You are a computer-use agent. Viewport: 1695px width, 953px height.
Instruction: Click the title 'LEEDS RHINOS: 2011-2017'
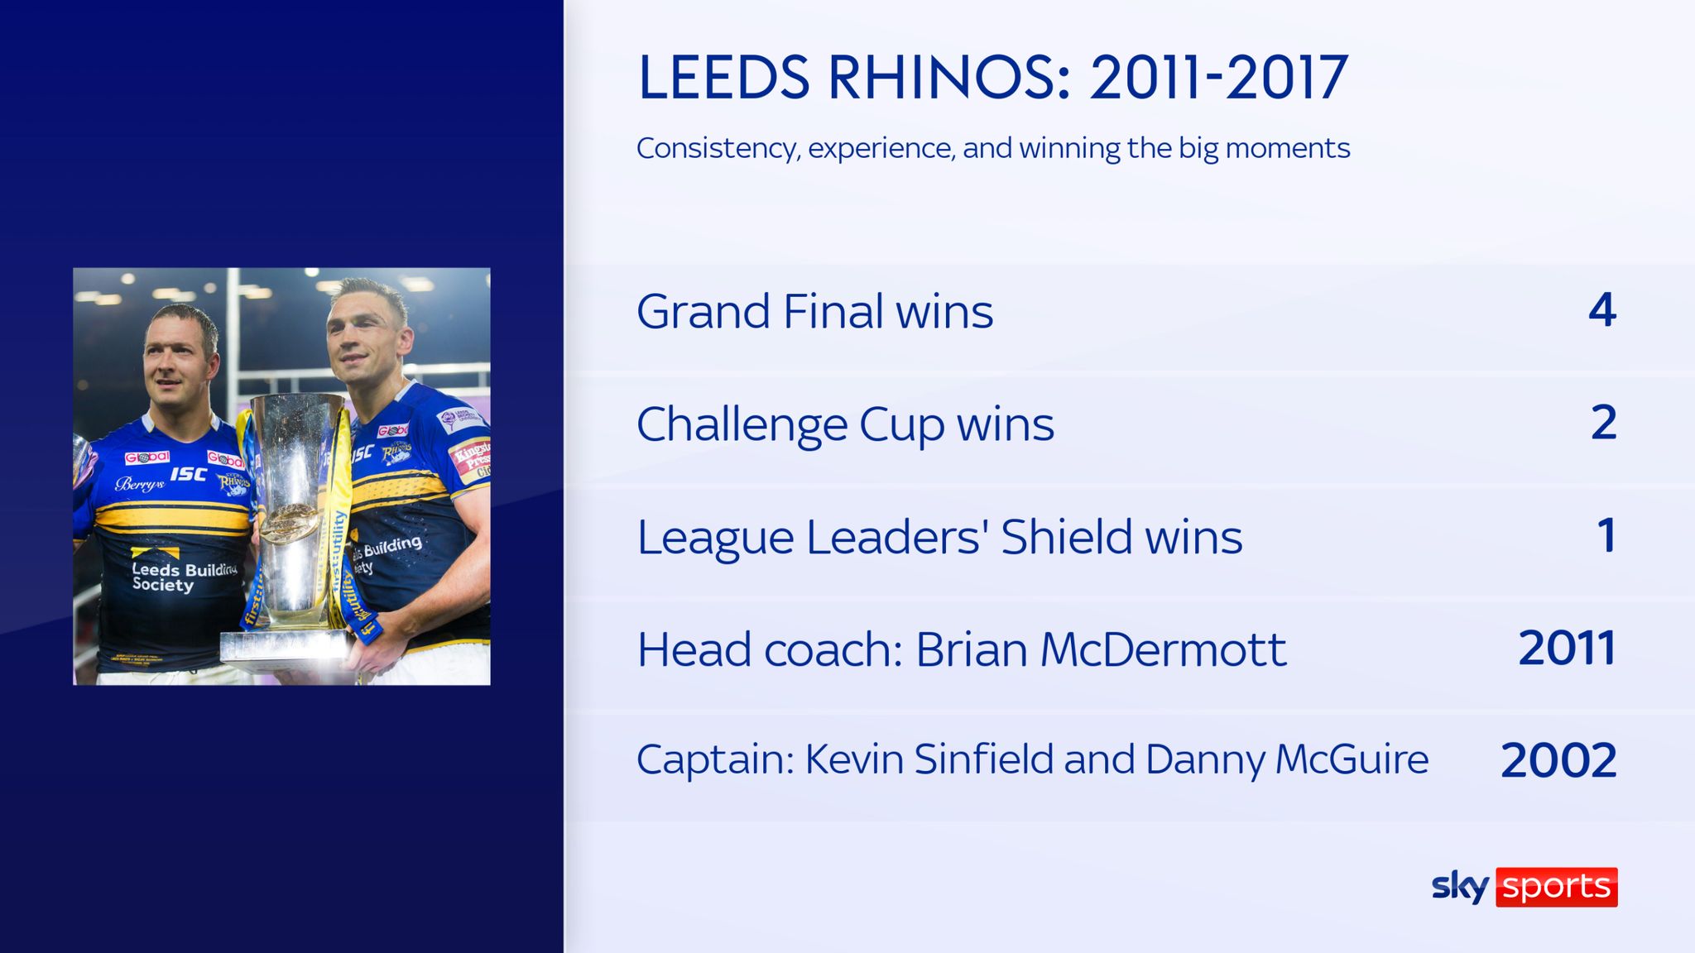[993, 78]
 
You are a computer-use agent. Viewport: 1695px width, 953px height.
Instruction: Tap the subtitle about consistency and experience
[993, 148]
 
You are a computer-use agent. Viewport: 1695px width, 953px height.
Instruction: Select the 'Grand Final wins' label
[814, 312]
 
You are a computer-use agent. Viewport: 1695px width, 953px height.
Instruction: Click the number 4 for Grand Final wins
[1602, 310]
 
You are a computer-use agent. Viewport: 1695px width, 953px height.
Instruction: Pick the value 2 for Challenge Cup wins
[1603, 423]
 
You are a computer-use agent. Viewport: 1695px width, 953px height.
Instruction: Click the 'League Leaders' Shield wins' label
[939, 538]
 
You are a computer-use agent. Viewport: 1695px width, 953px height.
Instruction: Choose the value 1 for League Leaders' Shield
[1606, 536]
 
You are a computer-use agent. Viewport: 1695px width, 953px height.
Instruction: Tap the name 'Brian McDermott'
[1101, 650]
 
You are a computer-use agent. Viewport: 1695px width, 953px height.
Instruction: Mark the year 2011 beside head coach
[1567, 649]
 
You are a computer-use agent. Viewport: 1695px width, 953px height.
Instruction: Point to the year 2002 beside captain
[1558, 761]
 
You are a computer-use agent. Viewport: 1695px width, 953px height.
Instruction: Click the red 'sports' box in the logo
[1556, 887]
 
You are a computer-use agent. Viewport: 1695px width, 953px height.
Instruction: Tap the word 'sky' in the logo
[1461, 887]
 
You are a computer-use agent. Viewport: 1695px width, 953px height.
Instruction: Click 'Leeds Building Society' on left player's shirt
[184, 577]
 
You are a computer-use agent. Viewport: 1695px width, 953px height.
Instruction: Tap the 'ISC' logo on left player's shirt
[189, 474]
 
